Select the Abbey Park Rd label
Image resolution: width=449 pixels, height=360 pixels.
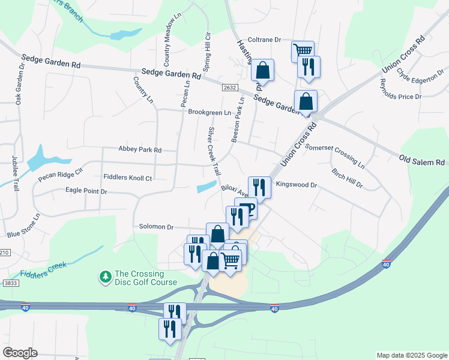point(140,150)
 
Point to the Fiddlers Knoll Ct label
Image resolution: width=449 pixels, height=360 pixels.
point(128,178)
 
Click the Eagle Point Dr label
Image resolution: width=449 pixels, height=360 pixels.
point(86,191)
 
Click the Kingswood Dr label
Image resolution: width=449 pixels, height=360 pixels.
point(297,185)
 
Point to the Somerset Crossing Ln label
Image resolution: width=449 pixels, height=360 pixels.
point(334,155)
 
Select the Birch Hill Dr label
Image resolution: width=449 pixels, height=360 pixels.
point(347,178)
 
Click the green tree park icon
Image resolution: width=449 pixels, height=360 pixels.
point(106,277)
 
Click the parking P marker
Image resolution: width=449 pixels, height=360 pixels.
point(247,209)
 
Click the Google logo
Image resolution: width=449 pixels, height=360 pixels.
point(20,353)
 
